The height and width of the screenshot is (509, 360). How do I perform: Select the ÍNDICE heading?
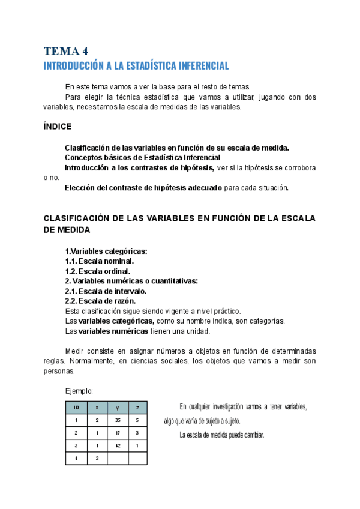coord(58,127)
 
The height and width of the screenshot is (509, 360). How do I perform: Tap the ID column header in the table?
coord(76,408)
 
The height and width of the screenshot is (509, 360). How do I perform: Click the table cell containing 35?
coord(118,420)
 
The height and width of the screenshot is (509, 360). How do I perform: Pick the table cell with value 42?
coord(118,445)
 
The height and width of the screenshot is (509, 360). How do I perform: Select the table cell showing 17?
coord(118,433)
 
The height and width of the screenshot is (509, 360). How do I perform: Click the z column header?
coord(137,408)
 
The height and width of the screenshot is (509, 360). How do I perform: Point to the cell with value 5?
coord(137,420)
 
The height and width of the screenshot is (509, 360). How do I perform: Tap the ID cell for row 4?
coord(76,458)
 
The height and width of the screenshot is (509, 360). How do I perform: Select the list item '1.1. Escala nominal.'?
coord(99,261)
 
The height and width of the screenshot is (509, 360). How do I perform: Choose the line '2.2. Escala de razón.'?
coord(100,301)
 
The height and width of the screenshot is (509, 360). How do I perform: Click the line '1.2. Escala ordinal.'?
coord(97,271)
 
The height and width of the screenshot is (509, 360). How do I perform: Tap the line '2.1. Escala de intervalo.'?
coord(106,291)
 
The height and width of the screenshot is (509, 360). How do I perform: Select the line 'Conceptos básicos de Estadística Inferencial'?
coord(143,157)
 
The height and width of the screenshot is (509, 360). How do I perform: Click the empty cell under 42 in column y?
coord(118,458)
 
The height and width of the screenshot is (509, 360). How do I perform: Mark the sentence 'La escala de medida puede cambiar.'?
coord(222,435)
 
